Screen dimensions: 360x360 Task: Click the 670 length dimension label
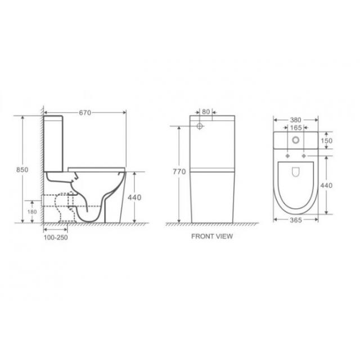[x=85, y=112]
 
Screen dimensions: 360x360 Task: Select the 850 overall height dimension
[x=22, y=170]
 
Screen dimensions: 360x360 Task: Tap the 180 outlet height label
[x=32, y=211]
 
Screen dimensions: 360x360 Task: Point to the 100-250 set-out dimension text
[x=56, y=237]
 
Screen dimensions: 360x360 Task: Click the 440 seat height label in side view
[x=134, y=197]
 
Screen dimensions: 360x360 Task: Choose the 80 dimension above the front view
[x=206, y=112]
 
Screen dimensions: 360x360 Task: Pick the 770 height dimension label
[x=179, y=172]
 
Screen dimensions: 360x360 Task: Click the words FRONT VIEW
[x=212, y=236]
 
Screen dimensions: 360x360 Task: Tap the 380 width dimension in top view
[x=295, y=120]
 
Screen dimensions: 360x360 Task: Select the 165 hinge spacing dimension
[x=296, y=128]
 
